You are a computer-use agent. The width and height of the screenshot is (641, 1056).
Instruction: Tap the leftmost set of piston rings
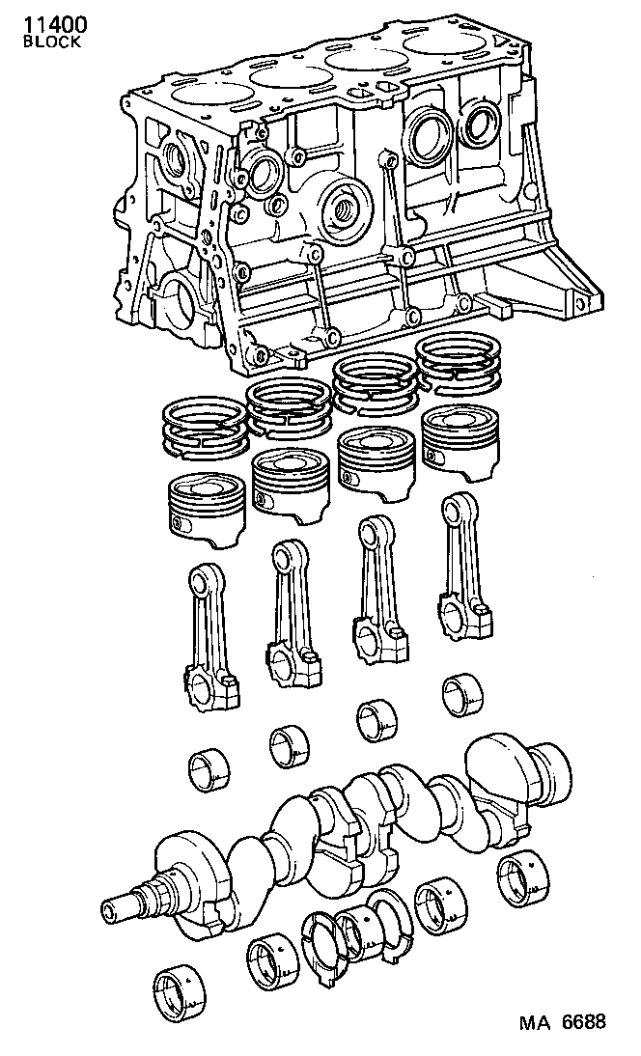tap(201, 430)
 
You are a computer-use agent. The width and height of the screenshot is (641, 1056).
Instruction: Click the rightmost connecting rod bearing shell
tap(461, 694)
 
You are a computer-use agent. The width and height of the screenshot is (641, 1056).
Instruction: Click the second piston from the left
tap(291, 479)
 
